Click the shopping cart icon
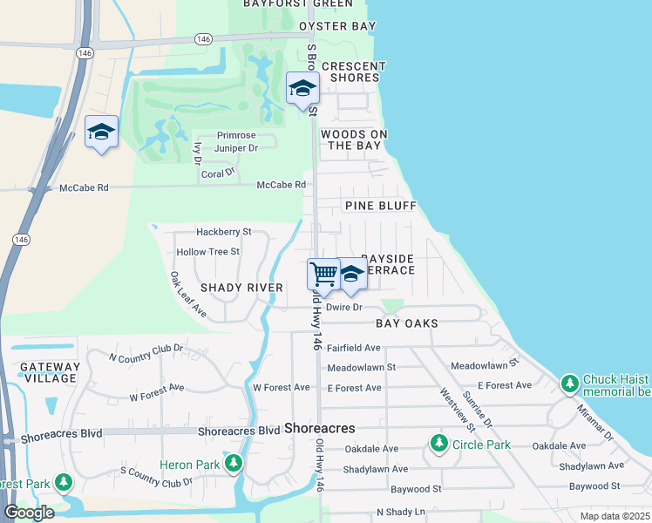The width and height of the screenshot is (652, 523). coord(323,274)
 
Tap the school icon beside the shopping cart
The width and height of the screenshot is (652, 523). coord(351,275)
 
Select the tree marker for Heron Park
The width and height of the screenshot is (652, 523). coord(233,463)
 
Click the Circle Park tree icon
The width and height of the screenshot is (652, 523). coord(439,445)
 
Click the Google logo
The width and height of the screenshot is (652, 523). coord(29,513)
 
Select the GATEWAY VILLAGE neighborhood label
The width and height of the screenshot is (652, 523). coord(50,372)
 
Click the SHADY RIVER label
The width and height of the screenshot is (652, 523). coord(241,288)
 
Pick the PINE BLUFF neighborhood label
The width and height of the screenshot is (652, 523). coord(380,206)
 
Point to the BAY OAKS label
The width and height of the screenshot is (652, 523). coord(406,323)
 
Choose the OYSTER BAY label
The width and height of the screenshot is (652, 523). coord(337,27)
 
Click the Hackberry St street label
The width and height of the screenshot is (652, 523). coord(223,233)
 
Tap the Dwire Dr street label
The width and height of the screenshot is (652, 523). coord(343,307)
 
